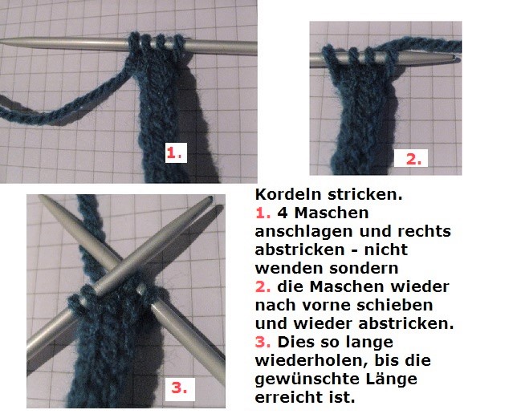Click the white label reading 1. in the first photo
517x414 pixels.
point(176,152)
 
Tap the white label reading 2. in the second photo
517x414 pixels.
point(411,158)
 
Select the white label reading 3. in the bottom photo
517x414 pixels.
point(180,389)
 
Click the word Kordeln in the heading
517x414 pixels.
point(288,194)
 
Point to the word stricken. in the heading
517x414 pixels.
point(365,194)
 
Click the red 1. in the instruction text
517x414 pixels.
point(263,213)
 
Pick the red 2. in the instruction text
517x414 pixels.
point(263,286)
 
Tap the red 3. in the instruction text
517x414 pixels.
point(263,342)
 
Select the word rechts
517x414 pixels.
point(424,231)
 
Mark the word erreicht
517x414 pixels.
point(289,397)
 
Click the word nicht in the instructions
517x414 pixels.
point(386,250)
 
